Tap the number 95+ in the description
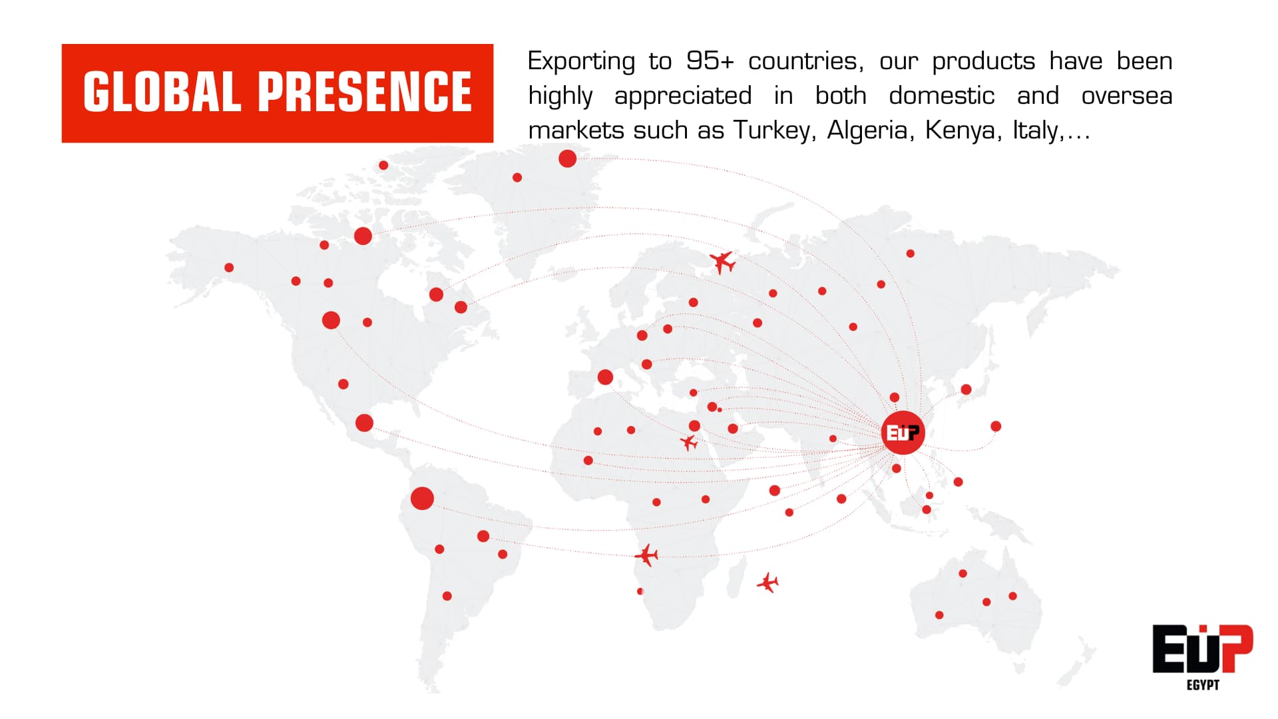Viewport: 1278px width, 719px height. [x=710, y=61]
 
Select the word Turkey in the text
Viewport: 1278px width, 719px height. [x=772, y=130]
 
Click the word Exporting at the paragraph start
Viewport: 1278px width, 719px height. [x=581, y=62]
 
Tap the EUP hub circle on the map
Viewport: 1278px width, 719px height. [x=903, y=433]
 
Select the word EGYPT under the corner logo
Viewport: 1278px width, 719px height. [x=1203, y=685]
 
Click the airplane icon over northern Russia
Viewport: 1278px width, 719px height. [x=722, y=262]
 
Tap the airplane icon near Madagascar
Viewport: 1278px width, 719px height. [x=767, y=583]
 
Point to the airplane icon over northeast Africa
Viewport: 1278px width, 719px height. [x=689, y=442]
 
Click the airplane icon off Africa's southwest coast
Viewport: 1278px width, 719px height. [x=646, y=555]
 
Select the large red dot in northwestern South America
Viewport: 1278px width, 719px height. [x=422, y=498]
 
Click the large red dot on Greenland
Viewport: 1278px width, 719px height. [x=567, y=158]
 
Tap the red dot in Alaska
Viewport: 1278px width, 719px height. [x=229, y=268]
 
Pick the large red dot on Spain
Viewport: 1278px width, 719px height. [x=605, y=377]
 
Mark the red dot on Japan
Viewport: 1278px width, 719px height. [x=966, y=389]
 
